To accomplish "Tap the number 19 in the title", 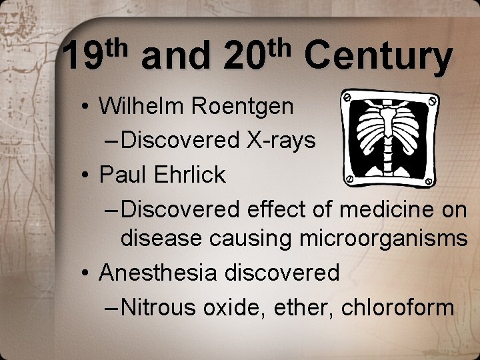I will [83, 58].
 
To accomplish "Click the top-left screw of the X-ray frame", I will [347, 97].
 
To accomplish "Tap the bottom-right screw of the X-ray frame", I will [430, 179].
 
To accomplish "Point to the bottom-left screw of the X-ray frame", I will [348, 179].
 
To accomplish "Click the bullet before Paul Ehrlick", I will [86, 175].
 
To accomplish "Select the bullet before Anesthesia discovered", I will [86, 273].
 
